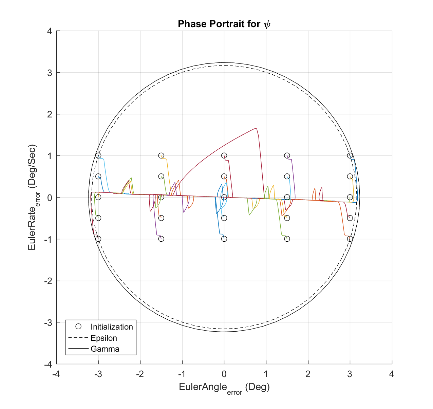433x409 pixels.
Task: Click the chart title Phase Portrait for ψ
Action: coord(224,24)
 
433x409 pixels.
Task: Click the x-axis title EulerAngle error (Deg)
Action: coord(224,387)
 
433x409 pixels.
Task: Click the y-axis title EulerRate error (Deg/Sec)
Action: coord(33,198)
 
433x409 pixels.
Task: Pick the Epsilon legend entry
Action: coord(104,338)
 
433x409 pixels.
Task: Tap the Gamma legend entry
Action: coord(105,349)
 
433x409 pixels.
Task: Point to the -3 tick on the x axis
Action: coord(98,374)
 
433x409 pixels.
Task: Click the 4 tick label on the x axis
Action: coord(392,374)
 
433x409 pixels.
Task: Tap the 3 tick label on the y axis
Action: coord(50,73)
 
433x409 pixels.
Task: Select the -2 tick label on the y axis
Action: coord(48,281)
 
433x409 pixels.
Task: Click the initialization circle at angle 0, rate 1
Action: coord(224,156)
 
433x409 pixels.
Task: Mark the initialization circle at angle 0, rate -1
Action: coord(224,239)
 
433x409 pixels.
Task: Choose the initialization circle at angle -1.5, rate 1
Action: coord(161,156)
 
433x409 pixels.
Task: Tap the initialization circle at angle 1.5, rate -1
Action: coord(287,239)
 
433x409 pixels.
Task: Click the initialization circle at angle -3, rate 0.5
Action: coord(98,176)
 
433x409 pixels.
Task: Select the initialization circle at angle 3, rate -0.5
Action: coord(350,218)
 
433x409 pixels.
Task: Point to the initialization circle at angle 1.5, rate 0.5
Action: coord(287,176)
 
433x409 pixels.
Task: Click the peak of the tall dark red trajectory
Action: coord(255,129)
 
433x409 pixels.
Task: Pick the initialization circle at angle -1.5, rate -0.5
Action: coord(161,218)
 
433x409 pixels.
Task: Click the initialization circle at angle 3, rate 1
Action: coord(350,156)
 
